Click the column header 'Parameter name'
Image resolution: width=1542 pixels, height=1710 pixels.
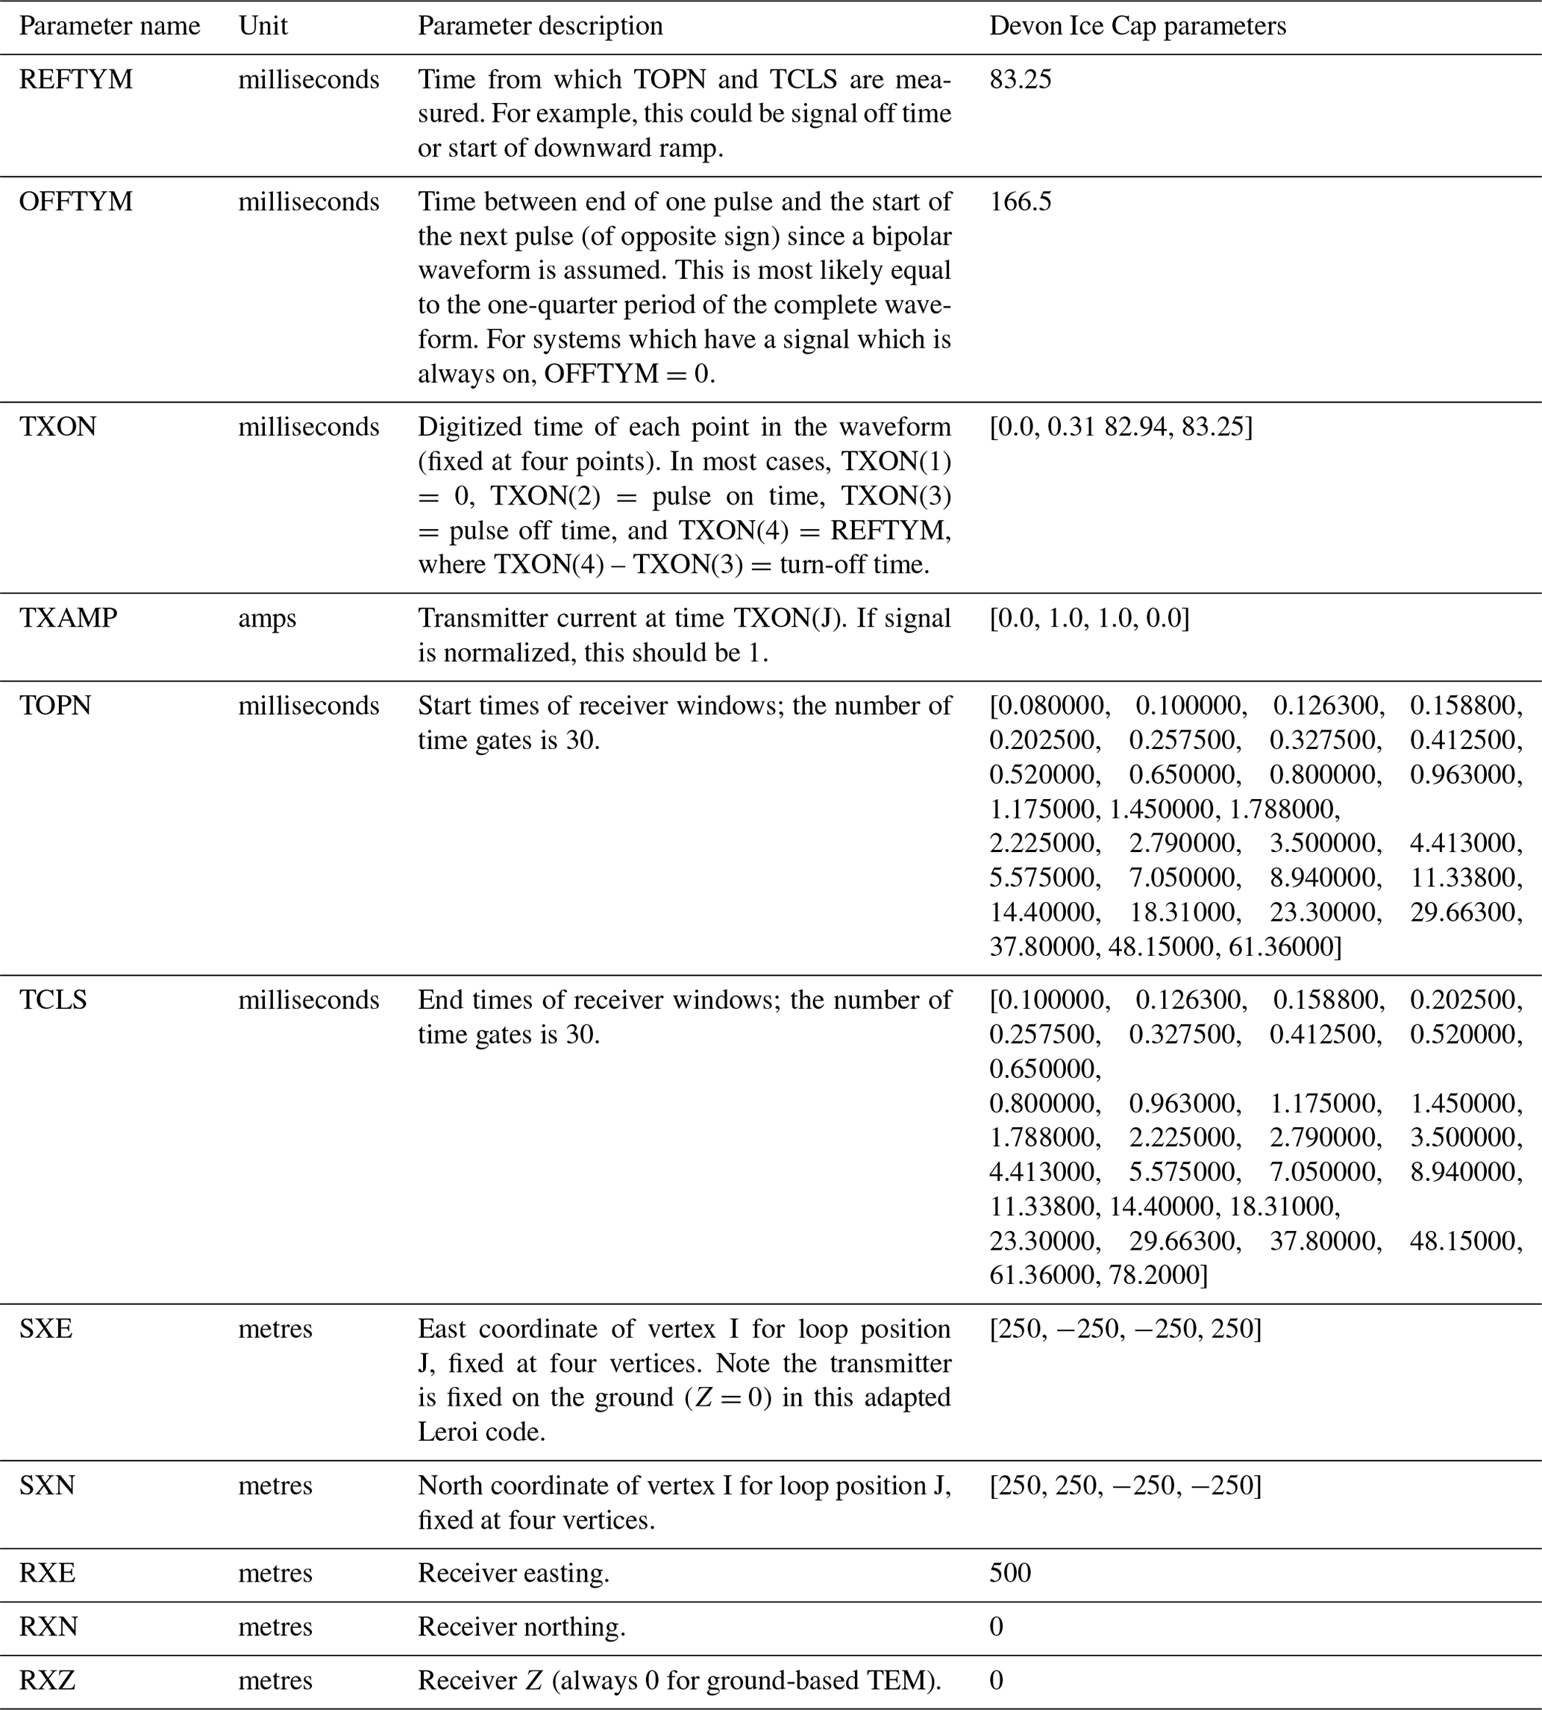(x=110, y=26)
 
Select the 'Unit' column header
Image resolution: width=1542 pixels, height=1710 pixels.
(x=263, y=26)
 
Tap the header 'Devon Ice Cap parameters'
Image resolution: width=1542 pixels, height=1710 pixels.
(x=1137, y=26)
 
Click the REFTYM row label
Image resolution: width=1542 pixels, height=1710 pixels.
(x=75, y=80)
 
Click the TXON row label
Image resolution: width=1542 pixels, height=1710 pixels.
(x=57, y=426)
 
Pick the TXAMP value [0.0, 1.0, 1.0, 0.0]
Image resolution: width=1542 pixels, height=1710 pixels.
(x=1088, y=618)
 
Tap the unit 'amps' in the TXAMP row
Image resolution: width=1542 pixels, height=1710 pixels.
(x=267, y=618)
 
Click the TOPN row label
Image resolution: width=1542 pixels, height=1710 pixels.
(x=55, y=706)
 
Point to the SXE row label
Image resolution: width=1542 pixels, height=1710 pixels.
(x=46, y=1329)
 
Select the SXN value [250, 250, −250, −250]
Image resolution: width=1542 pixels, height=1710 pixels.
(x=1125, y=1485)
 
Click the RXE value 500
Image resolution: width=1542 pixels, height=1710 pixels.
(x=1010, y=1573)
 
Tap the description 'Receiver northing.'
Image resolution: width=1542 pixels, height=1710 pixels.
(x=521, y=1627)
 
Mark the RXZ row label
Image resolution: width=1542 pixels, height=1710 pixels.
(x=48, y=1680)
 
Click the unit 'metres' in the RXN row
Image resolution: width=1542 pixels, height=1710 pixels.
(x=275, y=1627)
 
